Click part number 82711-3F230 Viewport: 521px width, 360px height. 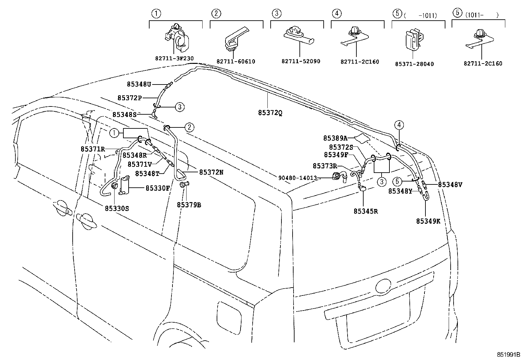(x=174, y=59)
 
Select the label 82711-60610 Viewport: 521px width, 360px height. (x=236, y=62)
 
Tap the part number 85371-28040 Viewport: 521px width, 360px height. (x=414, y=64)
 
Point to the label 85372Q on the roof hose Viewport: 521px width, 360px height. (x=270, y=113)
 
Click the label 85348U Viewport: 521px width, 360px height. (x=139, y=84)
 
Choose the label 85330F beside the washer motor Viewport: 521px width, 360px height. (x=158, y=188)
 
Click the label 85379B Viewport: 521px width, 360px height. (x=189, y=205)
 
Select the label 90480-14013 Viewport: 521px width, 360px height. (x=297, y=178)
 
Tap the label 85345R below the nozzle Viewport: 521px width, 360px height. (x=366, y=211)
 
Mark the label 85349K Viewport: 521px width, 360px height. (x=428, y=221)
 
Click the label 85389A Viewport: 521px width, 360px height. (x=335, y=138)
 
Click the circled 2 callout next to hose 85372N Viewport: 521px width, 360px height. (x=189, y=127)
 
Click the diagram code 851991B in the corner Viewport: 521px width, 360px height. (x=508, y=355)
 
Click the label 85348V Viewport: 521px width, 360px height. (x=450, y=184)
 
